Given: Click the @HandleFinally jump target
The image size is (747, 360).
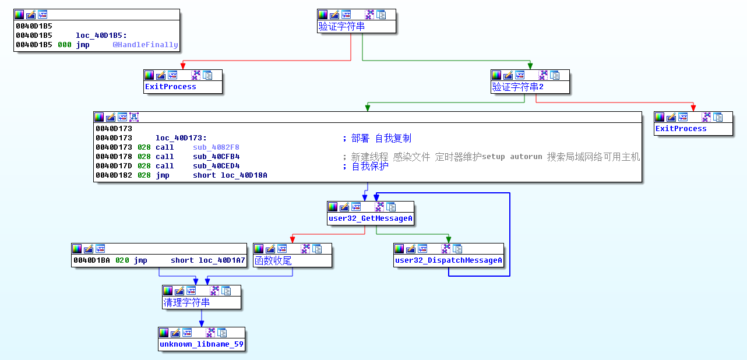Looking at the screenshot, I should [145, 45].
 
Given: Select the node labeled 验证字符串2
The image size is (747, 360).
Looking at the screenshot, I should [517, 87].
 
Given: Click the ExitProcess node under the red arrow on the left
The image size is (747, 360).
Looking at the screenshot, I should [170, 87].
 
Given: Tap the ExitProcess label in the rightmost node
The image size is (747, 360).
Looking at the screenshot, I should [681, 129].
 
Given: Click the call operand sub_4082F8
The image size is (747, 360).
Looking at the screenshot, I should [216, 147].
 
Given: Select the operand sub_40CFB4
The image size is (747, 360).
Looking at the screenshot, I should [216, 157].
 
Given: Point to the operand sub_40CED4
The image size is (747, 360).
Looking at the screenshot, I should [216, 166].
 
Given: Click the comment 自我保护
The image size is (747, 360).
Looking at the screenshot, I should [369, 167].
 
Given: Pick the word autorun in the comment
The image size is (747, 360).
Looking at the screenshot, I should [526, 157].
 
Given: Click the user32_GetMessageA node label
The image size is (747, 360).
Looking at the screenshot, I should [371, 218].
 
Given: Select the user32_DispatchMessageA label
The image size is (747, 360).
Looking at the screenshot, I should [448, 260].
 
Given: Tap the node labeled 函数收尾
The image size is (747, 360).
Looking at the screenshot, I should [273, 261].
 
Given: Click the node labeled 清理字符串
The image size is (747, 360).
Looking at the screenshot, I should [186, 303].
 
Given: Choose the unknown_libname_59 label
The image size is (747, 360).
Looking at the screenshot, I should [201, 344].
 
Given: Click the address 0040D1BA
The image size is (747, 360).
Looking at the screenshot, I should [91, 260].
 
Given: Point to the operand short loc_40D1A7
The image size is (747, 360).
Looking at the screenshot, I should [208, 260].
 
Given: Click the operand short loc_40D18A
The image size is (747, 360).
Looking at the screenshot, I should [230, 175].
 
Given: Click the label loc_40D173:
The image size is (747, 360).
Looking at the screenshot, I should [181, 139].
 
